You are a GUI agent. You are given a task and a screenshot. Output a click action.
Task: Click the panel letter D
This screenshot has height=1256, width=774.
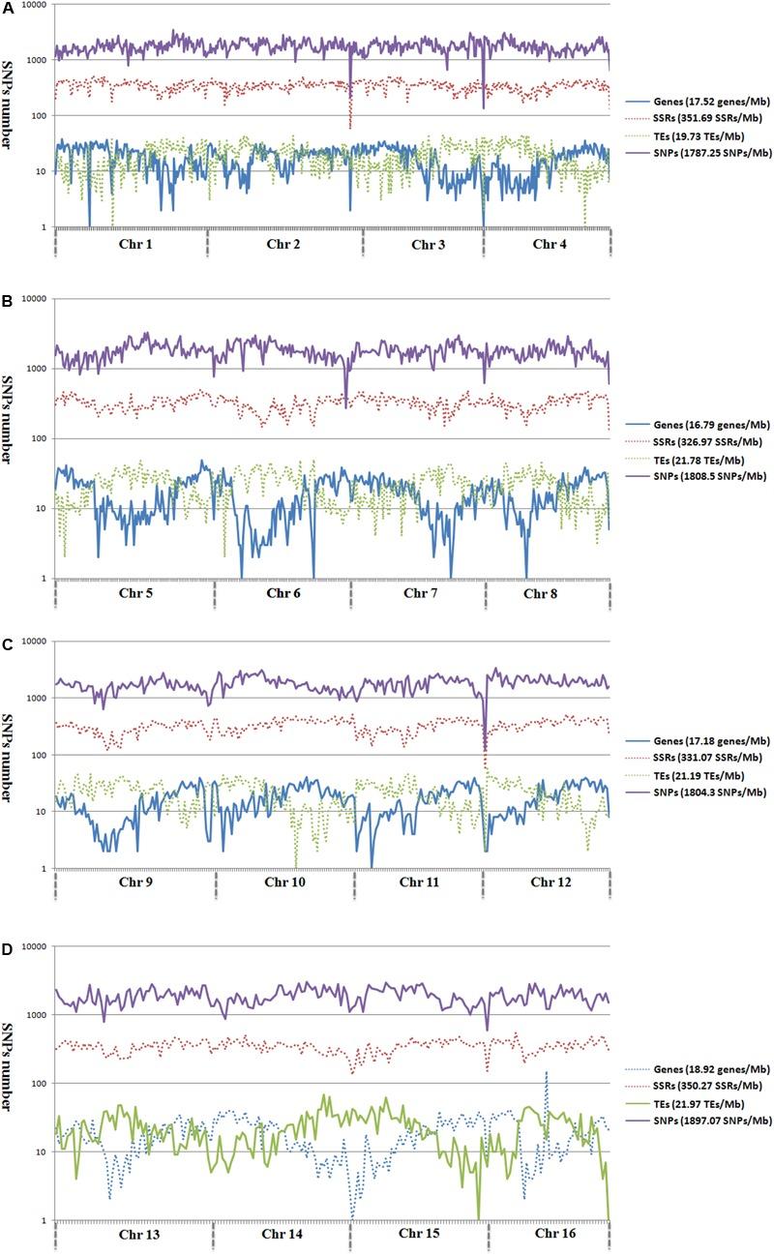(x=8, y=939)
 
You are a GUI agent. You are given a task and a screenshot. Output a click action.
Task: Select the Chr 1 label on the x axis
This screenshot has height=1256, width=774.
(x=132, y=244)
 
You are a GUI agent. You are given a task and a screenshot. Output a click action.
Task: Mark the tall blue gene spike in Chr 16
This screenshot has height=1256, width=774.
(x=547, y=1074)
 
